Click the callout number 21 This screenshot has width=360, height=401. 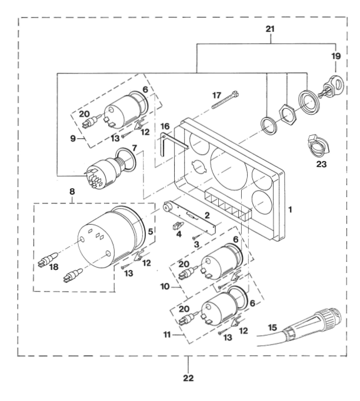270,29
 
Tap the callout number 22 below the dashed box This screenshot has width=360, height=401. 188,377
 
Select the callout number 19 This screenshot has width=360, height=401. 336,56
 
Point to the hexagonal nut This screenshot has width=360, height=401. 287,113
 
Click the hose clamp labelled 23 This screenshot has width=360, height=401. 316,146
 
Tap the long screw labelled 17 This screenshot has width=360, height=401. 225,100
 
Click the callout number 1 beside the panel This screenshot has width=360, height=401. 290,210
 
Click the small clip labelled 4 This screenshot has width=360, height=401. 179,226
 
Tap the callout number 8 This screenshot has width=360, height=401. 72,191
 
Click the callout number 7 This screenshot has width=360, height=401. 135,148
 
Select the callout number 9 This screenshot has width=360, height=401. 73,139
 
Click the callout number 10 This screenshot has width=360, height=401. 165,286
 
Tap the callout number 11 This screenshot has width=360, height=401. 167,334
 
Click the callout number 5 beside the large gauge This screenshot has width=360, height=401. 151,232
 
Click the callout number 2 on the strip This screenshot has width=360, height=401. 207,215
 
